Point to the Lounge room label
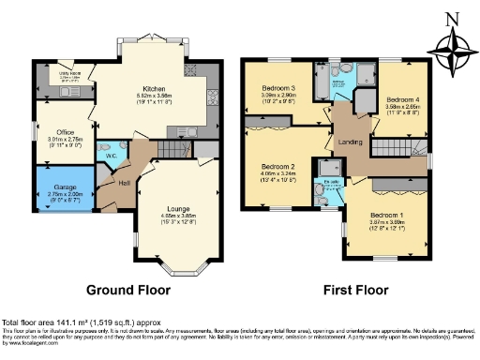coord(179,208)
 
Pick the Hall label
coord(124,184)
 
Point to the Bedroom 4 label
coord(403,98)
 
